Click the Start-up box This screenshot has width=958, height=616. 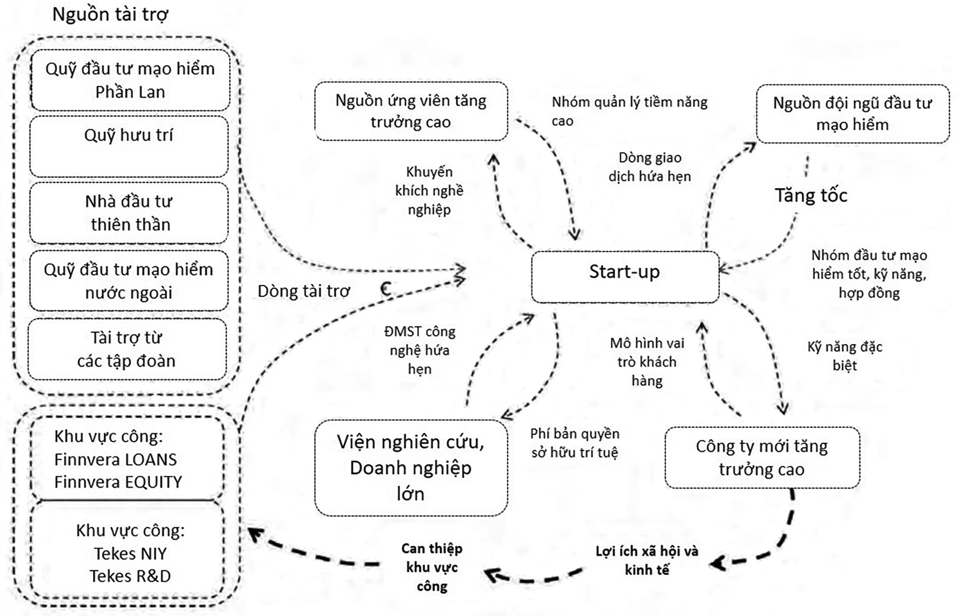(625, 276)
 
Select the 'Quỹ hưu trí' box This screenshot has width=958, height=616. (129, 146)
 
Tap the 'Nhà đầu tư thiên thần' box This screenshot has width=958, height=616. (129, 213)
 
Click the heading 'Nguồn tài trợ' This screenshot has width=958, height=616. (110, 15)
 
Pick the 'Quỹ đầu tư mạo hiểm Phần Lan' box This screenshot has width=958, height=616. (130, 80)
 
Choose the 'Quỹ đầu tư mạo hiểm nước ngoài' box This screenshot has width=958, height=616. (129, 281)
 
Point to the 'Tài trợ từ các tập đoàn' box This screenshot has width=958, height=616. (127, 349)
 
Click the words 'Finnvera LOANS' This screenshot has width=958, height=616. (115, 459)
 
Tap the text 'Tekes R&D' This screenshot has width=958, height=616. (130, 576)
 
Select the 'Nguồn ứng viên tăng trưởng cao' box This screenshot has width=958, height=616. (411, 111)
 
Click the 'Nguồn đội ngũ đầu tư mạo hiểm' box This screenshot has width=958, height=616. (852, 114)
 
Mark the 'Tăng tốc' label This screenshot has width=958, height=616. (810, 195)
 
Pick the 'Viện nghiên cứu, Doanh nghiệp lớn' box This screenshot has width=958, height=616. (411, 468)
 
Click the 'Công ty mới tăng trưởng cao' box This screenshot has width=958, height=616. (762, 458)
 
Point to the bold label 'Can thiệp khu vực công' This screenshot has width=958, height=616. (432, 567)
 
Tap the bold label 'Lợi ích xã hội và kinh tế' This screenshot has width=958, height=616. (647, 560)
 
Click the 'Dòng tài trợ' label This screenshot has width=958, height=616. (304, 291)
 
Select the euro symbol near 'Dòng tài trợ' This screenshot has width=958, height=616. (385, 289)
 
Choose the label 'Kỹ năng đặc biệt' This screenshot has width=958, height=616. (844, 356)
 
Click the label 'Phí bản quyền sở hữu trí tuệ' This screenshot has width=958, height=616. (575, 442)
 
